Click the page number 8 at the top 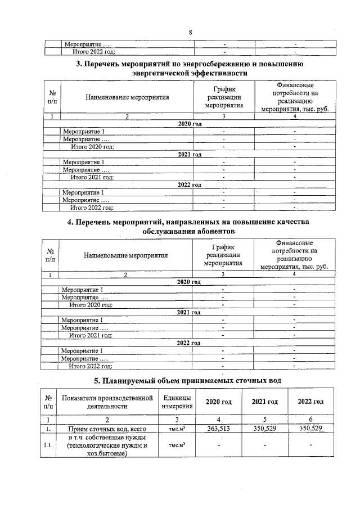tap(190, 32)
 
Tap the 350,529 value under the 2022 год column tap(310, 429)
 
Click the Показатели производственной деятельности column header tap(107, 402)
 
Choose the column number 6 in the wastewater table tap(310, 419)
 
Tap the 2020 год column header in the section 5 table tap(219, 402)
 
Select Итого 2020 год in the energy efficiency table tap(92, 146)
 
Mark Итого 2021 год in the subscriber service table tap(91, 335)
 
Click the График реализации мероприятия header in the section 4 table tap(223, 255)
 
